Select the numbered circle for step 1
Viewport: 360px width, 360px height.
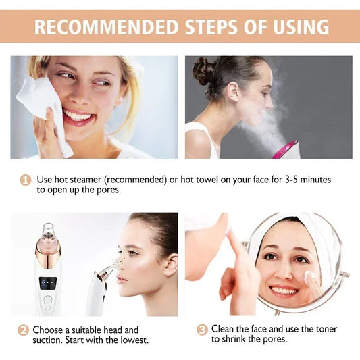(x=26, y=180)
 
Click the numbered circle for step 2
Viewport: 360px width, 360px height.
(x=23, y=330)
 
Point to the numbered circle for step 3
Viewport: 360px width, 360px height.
(x=201, y=330)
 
